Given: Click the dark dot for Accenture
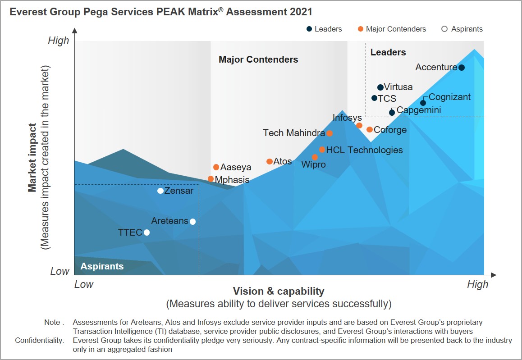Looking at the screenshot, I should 461,68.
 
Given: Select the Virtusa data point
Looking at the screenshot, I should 380,87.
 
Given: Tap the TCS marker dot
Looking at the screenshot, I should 374,98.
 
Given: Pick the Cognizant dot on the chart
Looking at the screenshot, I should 423,103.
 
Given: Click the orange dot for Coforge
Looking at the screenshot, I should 370,130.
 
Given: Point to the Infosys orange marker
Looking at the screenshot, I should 359,126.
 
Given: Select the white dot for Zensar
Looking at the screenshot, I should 160,191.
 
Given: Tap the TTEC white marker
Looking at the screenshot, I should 147,232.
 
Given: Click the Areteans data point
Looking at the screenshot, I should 193,221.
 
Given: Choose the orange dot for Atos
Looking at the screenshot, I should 270,161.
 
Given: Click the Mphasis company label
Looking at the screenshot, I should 232,180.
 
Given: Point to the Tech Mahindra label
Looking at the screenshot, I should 294,133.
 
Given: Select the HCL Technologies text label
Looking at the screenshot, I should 364,150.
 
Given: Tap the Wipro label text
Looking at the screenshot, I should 313,165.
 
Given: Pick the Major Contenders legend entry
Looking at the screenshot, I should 392,29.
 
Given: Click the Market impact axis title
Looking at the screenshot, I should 32,158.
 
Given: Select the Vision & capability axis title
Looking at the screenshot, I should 279,291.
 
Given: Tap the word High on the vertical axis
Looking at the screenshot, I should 59,41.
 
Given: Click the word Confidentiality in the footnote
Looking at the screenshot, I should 40,341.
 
